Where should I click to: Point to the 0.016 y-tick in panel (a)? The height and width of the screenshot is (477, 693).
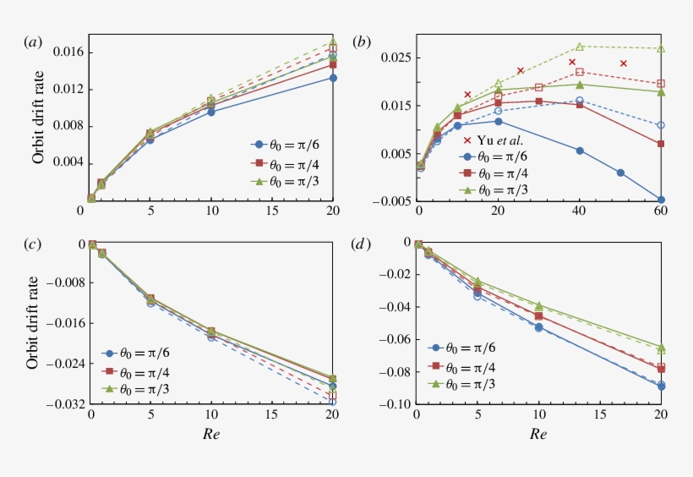[x=67, y=52]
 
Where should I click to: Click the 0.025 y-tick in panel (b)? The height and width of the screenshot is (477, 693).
[x=396, y=58]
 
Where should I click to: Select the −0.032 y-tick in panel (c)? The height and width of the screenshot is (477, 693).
[x=64, y=403]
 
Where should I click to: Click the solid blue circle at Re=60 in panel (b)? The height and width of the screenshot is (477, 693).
[x=661, y=200]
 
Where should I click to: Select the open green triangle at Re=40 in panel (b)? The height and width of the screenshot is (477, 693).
[x=580, y=47]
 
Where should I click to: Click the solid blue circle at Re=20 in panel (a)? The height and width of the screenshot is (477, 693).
[x=333, y=78]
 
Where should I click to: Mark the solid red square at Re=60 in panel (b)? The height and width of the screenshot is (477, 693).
[x=661, y=144]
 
